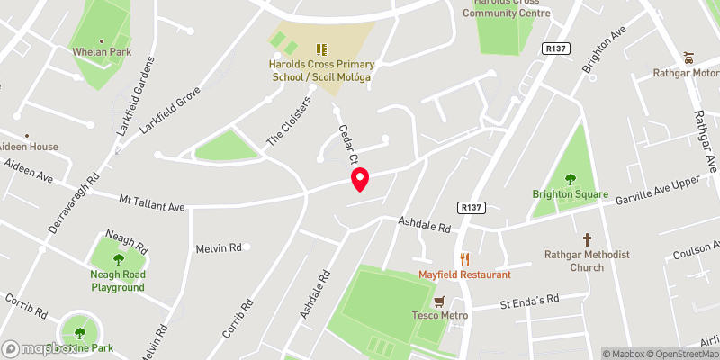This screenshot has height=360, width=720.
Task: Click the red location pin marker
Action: coord(360,179)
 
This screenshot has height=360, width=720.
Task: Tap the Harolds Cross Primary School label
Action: coord(321,71)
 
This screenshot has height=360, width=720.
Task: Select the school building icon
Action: coord(321,49)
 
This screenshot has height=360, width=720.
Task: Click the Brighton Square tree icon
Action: coord(570,179)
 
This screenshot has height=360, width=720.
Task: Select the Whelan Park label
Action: coord(101,51)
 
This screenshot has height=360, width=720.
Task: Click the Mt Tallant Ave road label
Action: coord(152,202)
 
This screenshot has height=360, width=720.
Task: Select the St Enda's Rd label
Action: coord(529,299)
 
